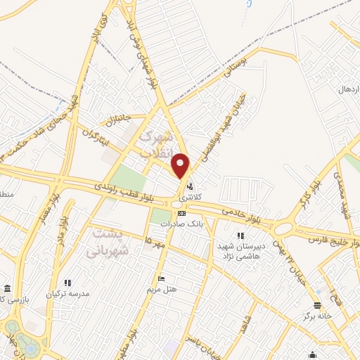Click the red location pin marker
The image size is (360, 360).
tap(181, 166)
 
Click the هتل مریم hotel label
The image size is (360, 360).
tap(162, 289)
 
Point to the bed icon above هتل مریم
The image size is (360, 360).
tap(162, 278)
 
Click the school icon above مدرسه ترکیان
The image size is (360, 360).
tap(67, 282)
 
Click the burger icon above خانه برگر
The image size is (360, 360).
tap(316, 306)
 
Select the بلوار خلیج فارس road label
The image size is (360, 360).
tap(336, 239)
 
